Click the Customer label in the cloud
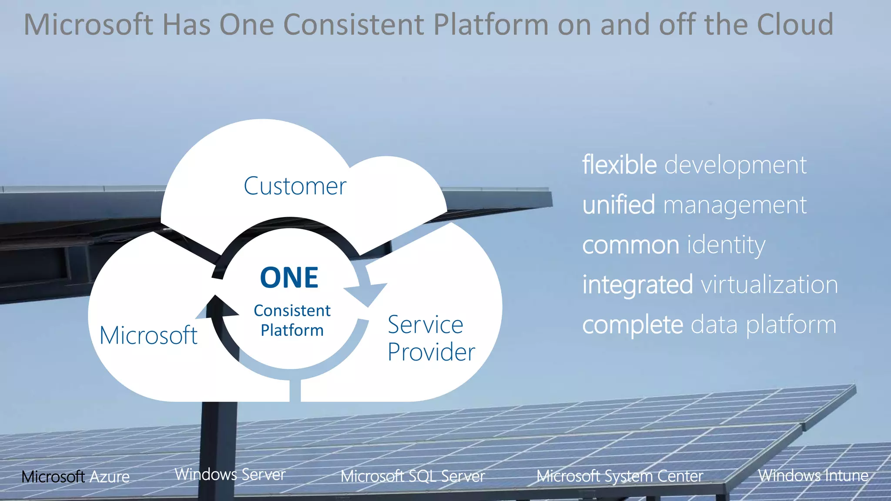295,186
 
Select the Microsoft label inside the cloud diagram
148,335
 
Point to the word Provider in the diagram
431,352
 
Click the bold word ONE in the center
289,278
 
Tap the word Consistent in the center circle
292,311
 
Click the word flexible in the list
619,165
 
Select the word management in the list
735,205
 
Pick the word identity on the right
726,245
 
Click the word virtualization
769,285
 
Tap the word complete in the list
633,325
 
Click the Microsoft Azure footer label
76,477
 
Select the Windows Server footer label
230,474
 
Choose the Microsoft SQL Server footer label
412,476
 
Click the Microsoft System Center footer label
620,476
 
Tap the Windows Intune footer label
813,475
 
